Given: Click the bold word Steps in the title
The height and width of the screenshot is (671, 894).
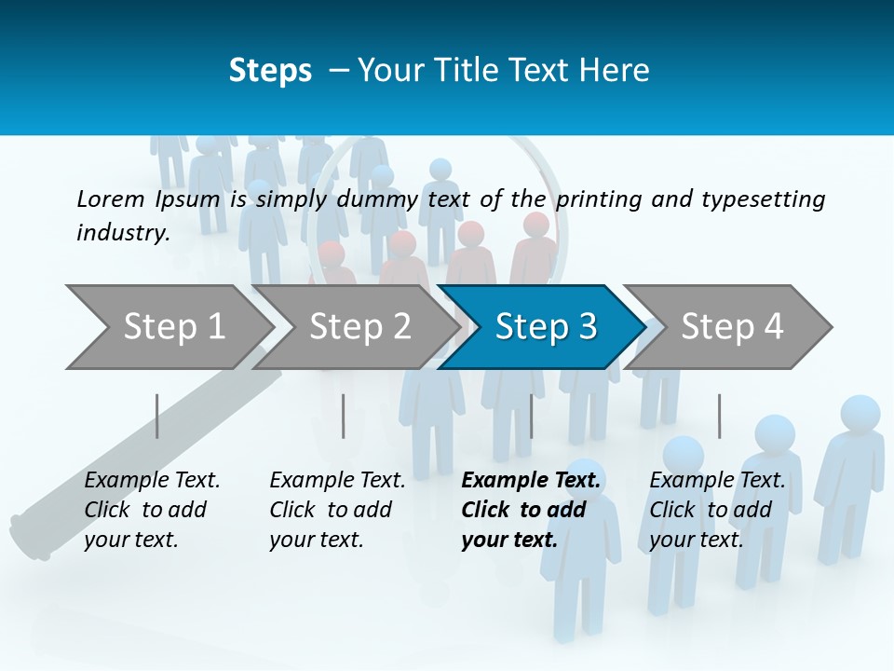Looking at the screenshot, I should click(x=270, y=71).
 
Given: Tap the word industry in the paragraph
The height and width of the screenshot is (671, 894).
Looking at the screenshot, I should click(x=122, y=233).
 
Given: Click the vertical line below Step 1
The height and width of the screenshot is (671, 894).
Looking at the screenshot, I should click(x=156, y=416).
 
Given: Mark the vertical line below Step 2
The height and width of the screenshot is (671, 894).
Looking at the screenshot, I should click(x=343, y=416).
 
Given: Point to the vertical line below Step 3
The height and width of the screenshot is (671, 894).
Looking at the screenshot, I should click(x=531, y=416).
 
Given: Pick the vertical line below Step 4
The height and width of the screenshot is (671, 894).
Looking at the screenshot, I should click(x=719, y=416).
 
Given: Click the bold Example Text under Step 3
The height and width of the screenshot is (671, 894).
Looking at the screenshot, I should click(x=531, y=481).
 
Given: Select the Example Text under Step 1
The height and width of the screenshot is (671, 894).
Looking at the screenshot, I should click(x=152, y=481).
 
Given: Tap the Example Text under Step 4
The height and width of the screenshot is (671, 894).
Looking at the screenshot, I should click(x=717, y=481).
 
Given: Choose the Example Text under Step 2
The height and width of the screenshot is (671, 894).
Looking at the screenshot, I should click(x=337, y=481).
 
